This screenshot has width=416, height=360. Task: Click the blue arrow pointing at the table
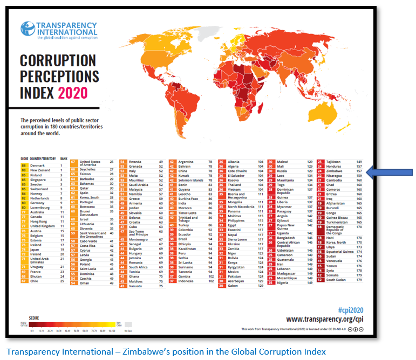[390, 172]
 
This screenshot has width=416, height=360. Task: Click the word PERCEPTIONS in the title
[59, 76]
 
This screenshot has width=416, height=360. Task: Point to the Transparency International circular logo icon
[28, 30]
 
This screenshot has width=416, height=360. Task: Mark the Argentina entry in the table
[186, 161]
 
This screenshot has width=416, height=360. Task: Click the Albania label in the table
[234, 161]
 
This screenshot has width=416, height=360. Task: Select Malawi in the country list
[283, 161]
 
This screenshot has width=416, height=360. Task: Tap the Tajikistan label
[335, 161]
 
